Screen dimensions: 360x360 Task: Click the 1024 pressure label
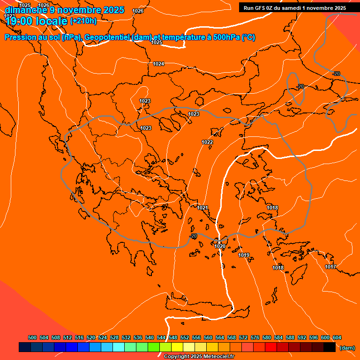(158, 64)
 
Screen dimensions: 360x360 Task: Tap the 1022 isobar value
(207, 142)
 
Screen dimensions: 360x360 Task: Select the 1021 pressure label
(202, 208)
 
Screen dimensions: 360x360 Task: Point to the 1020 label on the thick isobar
(220, 246)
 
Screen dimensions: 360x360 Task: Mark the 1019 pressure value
(244, 255)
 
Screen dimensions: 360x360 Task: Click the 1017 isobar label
(330, 267)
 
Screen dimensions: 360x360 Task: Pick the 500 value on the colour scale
(32, 337)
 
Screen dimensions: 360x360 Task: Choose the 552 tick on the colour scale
(185, 337)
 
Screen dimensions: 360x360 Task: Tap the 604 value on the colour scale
(337, 337)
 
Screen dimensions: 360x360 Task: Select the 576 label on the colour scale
(255, 337)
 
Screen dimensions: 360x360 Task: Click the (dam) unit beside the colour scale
(347, 348)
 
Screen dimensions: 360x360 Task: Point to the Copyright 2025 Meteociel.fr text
(199, 356)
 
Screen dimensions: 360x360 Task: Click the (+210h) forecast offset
(83, 21)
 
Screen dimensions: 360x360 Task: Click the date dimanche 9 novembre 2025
(64, 10)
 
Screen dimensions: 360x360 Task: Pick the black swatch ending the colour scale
(330, 347)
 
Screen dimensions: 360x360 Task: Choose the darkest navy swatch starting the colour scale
(25, 347)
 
